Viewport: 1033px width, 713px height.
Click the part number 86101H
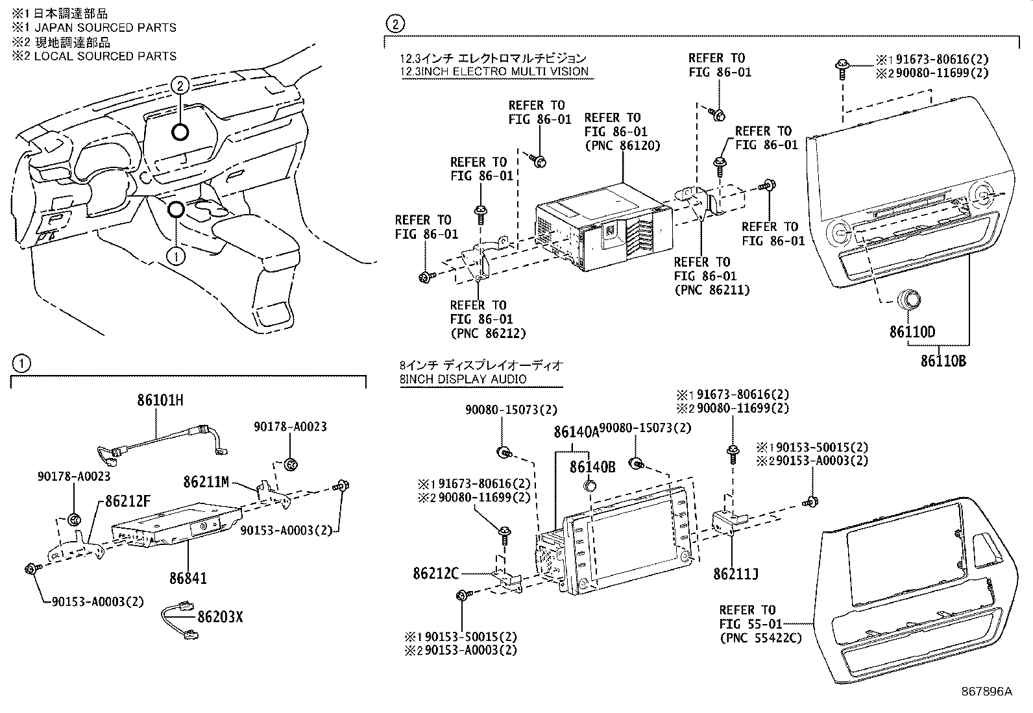click(160, 400)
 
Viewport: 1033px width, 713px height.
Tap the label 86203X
click(220, 616)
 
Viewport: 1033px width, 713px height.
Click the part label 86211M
click(206, 481)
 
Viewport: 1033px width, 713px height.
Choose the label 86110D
click(912, 332)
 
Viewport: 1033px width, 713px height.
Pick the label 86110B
click(942, 361)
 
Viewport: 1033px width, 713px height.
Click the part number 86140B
click(592, 466)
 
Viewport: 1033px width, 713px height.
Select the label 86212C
click(435, 573)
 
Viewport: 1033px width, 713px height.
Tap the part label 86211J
click(735, 574)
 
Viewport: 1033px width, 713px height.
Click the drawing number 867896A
click(986, 692)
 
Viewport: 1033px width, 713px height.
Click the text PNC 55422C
click(760, 638)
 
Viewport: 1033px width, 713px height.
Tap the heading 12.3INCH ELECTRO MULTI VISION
click(494, 71)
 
